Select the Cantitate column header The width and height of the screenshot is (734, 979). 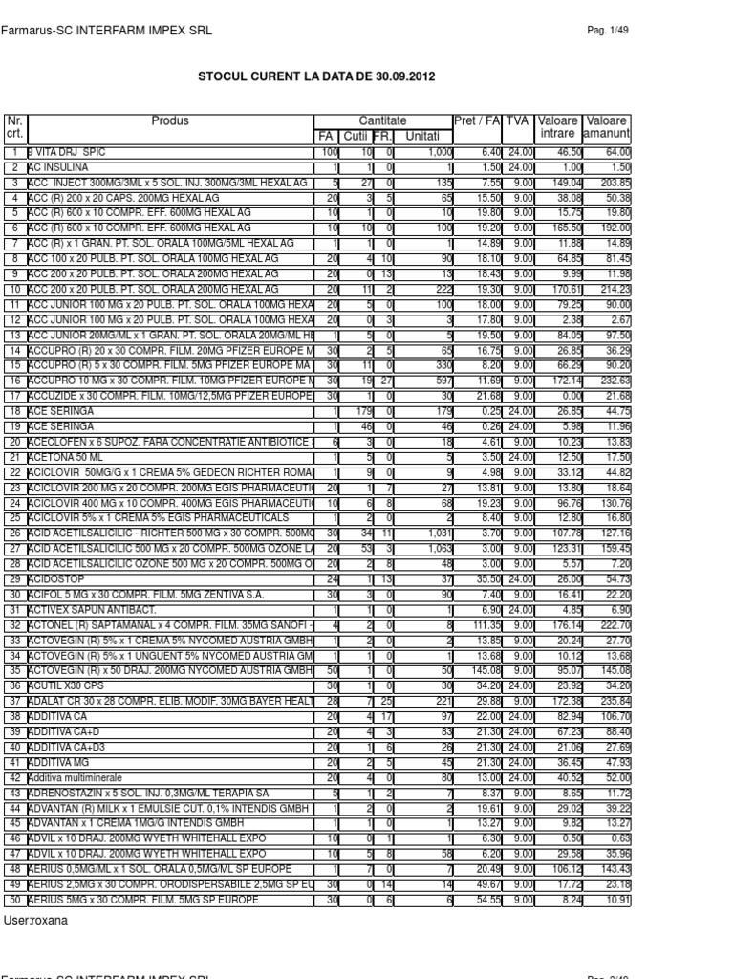[x=382, y=121]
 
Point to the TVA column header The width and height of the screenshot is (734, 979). [x=517, y=121]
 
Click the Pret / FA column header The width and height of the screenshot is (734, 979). [x=477, y=121]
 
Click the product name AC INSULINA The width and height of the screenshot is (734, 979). [x=58, y=167]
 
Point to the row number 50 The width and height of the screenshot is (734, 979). [x=14, y=900]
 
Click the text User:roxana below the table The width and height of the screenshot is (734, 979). [x=32, y=921]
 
